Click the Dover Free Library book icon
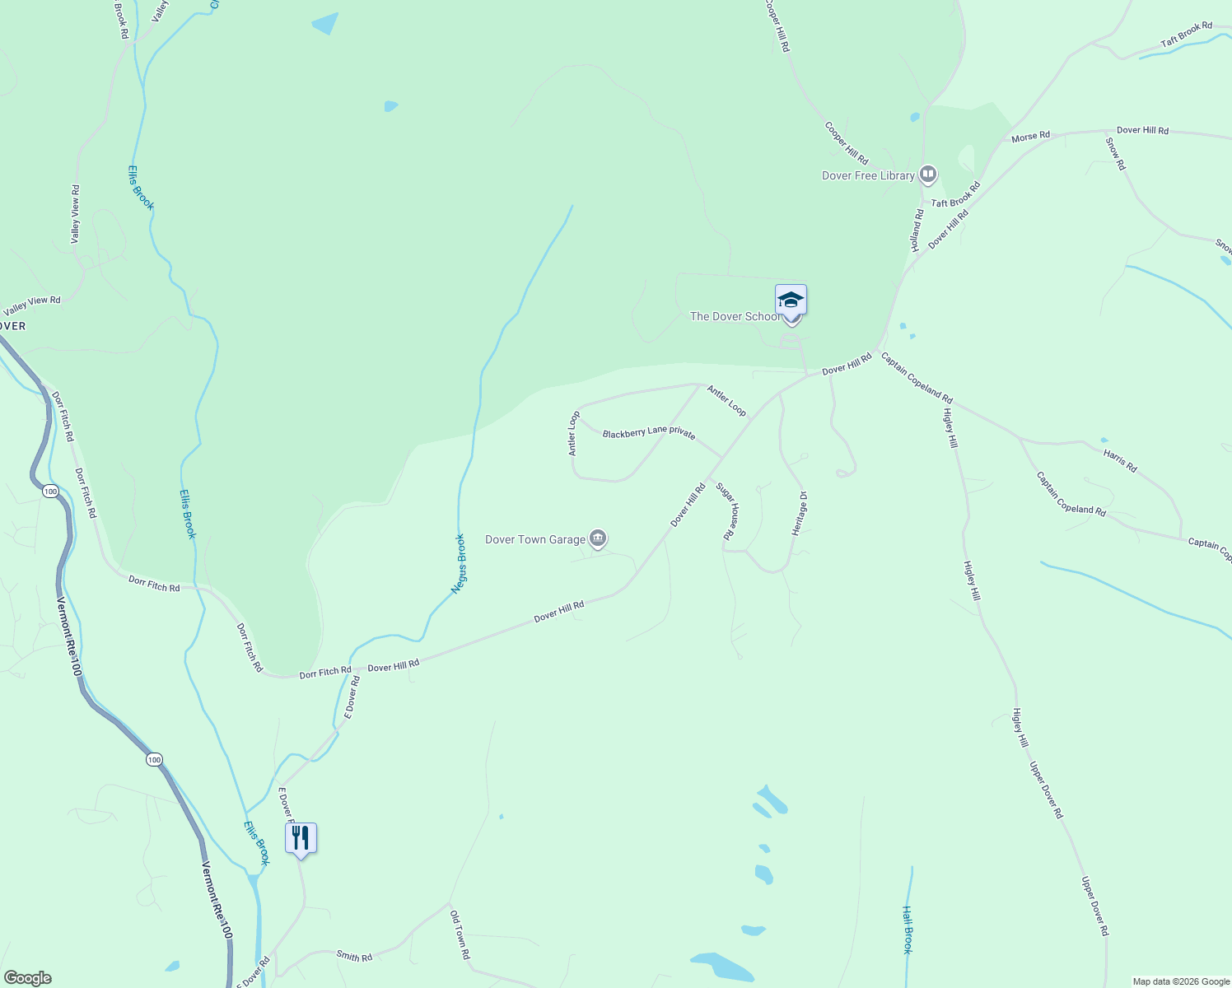pyautogui.click(x=928, y=175)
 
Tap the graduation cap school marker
pyautogui.click(x=791, y=301)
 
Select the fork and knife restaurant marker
pyautogui.click(x=301, y=838)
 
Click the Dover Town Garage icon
pyautogui.click(x=599, y=539)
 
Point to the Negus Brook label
pyautogui.click(x=460, y=564)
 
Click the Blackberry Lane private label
pyautogui.click(x=649, y=433)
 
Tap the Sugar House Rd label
pyautogui.click(x=726, y=510)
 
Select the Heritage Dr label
pyautogui.click(x=800, y=514)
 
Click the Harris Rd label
pyautogui.click(x=1120, y=460)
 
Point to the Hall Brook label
pyautogui.click(x=908, y=930)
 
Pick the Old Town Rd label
pyautogui.click(x=460, y=934)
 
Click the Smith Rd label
pyautogui.click(x=354, y=956)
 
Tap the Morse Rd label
pyautogui.click(x=1030, y=137)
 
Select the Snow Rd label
pyautogui.click(x=1115, y=153)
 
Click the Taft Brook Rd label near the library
pyautogui.click(x=955, y=195)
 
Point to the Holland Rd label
pyautogui.click(x=917, y=230)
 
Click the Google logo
pyautogui.click(x=27, y=978)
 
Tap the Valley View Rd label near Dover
pyautogui.click(x=32, y=305)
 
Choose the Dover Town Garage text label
pyautogui.click(x=535, y=540)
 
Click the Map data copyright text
pyautogui.click(x=1181, y=981)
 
